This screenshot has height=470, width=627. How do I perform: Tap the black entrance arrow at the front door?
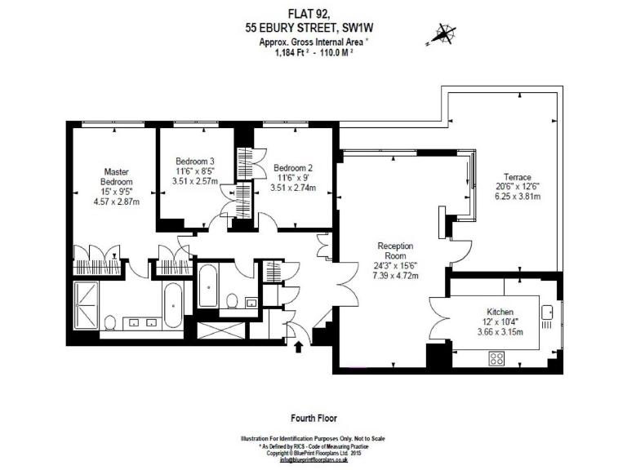coord(298,346)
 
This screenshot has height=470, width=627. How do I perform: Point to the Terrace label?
coord(517,177)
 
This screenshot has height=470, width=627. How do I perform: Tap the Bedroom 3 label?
coord(195,161)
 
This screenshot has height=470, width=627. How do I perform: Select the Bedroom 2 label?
coord(293,166)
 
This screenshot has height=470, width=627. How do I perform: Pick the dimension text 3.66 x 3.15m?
coord(499,332)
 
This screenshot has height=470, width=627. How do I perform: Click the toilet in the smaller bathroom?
coord(233,302)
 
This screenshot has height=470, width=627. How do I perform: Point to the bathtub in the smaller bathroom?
coord(207,285)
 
